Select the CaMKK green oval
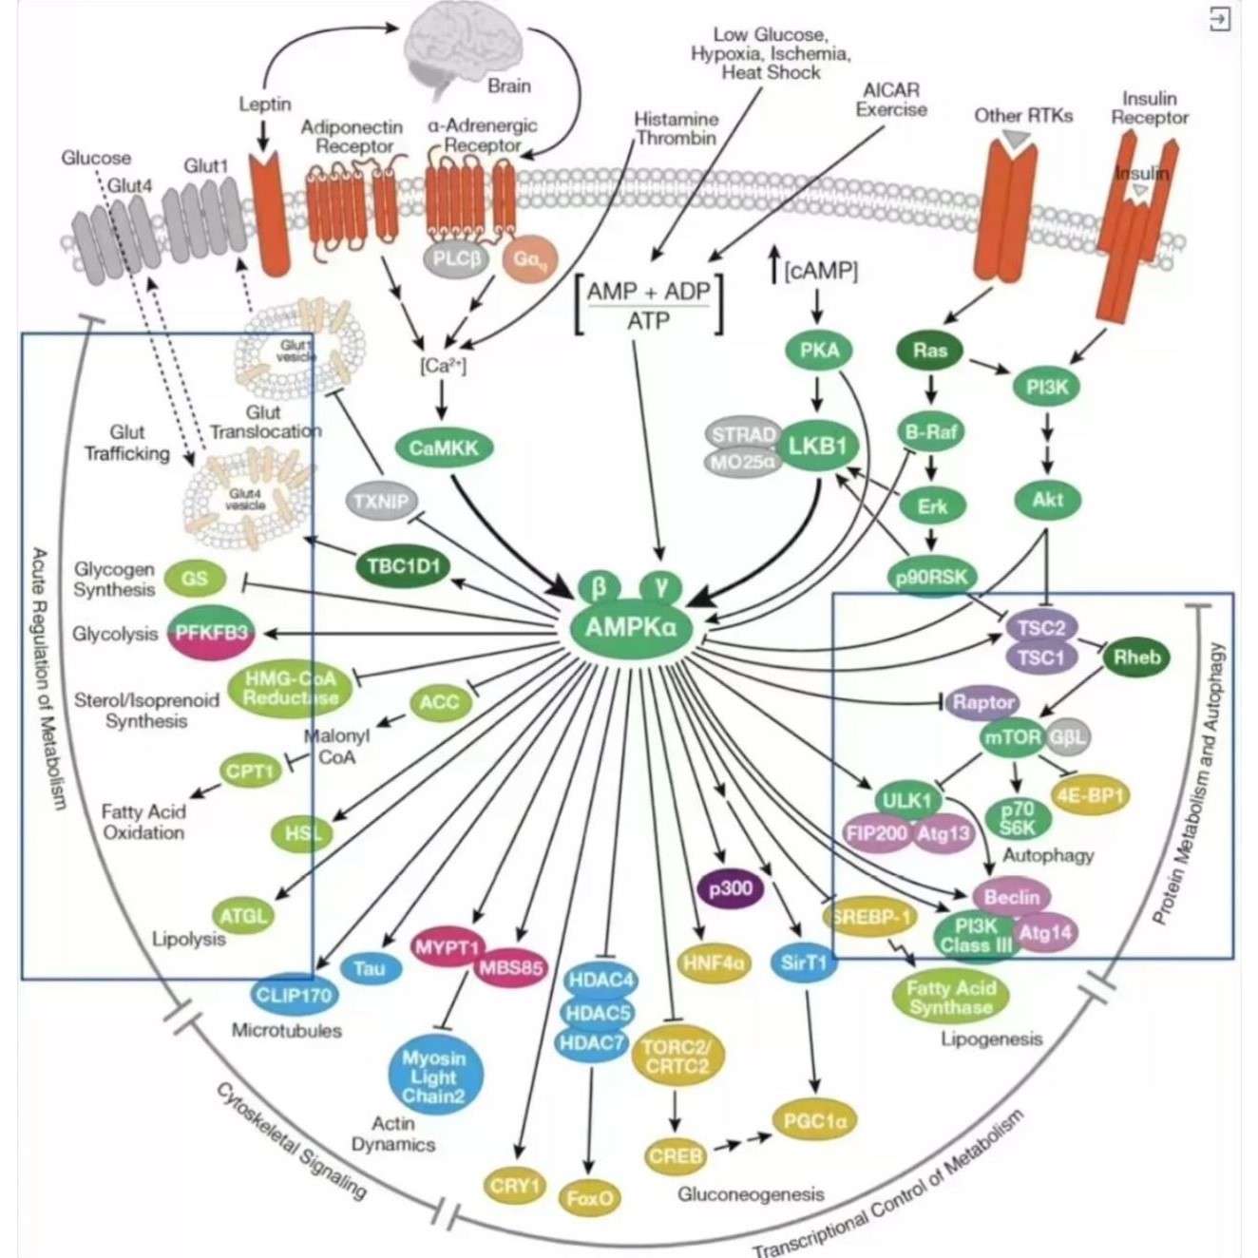click(x=443, y=448)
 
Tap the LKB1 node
click(x=817, y=445)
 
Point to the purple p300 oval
click(x=730, y=888)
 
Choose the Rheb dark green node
click(x=1136, y=657)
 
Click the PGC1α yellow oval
click(x=815, y=1121)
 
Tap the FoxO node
click(x=589, y=1198)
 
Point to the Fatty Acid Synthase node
click(x=949, y=998)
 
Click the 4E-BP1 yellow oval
click(x=1090, y=793)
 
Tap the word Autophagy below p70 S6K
click(x=1048, y=855)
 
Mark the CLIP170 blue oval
click(x=294, y=995)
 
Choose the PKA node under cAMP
click(x=819, y=350)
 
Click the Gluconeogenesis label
click(x=751, y=1193)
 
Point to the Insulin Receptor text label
click(x=1150, y=108)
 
